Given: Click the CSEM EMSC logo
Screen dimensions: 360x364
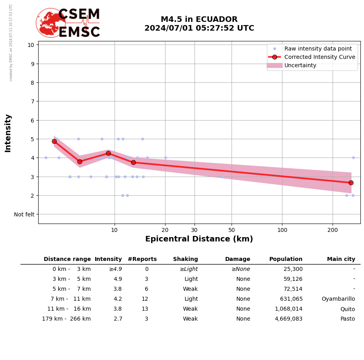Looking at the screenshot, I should (x=68, y=23).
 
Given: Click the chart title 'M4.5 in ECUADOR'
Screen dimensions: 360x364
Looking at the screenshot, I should (x=199, y=19).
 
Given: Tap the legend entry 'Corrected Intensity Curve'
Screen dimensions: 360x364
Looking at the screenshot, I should (x=319, y=57).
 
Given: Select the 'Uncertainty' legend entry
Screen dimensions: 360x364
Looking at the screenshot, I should (x=300, y=65).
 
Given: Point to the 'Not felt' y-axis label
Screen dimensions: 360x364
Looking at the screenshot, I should (x=24, y=214).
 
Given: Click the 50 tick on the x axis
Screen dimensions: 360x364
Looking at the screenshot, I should (x=232, y=230).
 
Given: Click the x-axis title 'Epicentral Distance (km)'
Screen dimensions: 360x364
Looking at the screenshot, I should (x=199, y=239).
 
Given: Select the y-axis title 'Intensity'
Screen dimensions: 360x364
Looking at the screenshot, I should (x=8, y=133).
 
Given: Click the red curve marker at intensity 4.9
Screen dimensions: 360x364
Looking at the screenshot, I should (x=54, y=141).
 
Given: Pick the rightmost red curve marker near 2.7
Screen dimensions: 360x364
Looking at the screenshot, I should (x=351, y=183).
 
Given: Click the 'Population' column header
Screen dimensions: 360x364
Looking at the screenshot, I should (x=286, y=259).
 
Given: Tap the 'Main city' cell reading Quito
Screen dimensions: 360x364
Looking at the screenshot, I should (x=347, y=309).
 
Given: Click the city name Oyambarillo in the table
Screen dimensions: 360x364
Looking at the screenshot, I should (x=338, y=299).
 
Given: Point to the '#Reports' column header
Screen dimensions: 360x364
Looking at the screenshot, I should (x=142, y=259).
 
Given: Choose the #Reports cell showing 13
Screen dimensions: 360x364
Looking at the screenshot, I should (x=145, y=309).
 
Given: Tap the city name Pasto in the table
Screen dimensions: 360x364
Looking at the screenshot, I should (x=347, y=319).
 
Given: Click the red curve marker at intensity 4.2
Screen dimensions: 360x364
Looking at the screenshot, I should (x=108, y=153).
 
